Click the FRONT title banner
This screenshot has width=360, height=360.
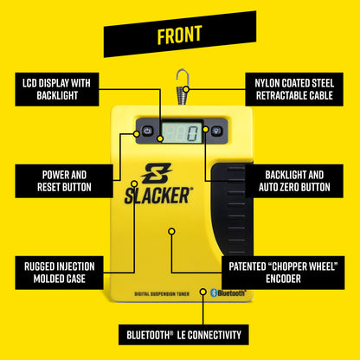180,35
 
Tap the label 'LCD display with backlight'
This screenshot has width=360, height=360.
57,89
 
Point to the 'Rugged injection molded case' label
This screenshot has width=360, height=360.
57,272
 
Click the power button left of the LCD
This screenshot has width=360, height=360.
147,132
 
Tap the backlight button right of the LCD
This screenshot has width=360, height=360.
216,132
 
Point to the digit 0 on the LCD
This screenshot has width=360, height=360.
192,132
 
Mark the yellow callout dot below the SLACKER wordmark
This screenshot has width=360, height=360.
171,231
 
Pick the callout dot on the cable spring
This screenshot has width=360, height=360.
187,88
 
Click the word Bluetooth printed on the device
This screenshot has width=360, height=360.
231,293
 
